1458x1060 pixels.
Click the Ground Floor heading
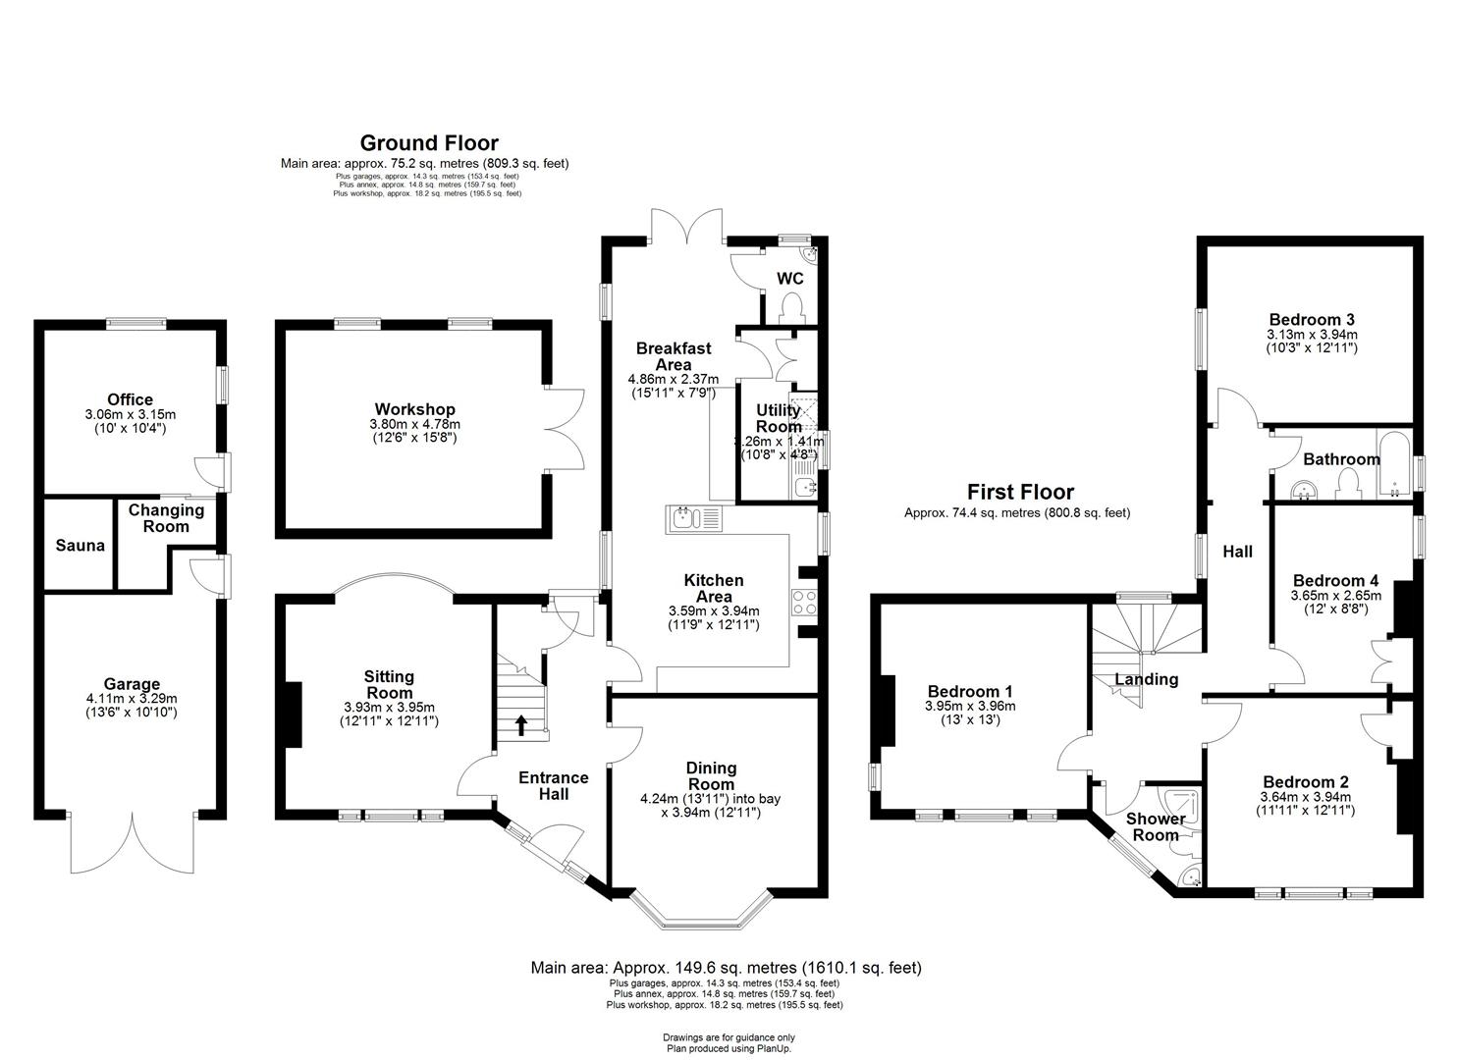click(429, 143)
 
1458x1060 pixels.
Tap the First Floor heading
click(1020, 492)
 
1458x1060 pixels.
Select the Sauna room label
click(80, 546)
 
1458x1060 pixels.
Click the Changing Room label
click(166, 518)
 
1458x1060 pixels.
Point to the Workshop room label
click(414, 409)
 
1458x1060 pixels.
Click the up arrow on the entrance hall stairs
click(520, 724)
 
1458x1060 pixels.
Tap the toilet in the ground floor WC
click(790, 309)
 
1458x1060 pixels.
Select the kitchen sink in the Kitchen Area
click(693, 518)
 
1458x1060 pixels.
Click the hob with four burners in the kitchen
click(805, 602)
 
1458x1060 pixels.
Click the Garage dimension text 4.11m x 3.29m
click(132, 699)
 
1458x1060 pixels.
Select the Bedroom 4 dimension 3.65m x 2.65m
click(1335, 595)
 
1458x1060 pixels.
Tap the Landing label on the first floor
click(1146, 679)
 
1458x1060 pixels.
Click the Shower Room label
click(1155, 826)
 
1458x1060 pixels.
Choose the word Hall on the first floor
click(1237, 552)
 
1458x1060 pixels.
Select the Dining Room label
click(711, 776)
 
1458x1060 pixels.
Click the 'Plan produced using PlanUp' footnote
click(729, 1048)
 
